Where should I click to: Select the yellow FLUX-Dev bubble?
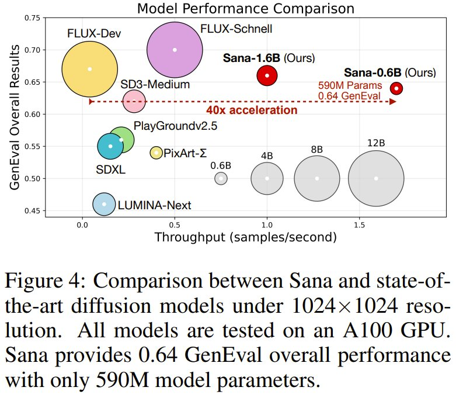(x=89, y=69)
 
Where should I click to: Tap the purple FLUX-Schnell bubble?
(x=175, y=50)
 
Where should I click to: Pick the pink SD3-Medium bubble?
(x=134, y=102)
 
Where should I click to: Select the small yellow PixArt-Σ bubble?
(x=156, y=153)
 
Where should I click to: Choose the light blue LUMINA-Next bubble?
(x=104, y=204)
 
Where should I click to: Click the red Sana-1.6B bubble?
(x=267, y=75)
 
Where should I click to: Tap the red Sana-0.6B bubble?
(x=396, y=88)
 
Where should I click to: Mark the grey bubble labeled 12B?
(x=376, y=178)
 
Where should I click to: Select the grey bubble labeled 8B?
(x=317, y=178)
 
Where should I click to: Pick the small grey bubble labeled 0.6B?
(x=221, y=178)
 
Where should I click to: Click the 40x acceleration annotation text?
(x=251, y=110)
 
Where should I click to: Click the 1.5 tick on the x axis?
(x=360, y=224)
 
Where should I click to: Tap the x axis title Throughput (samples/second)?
(x=245, y=237)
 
